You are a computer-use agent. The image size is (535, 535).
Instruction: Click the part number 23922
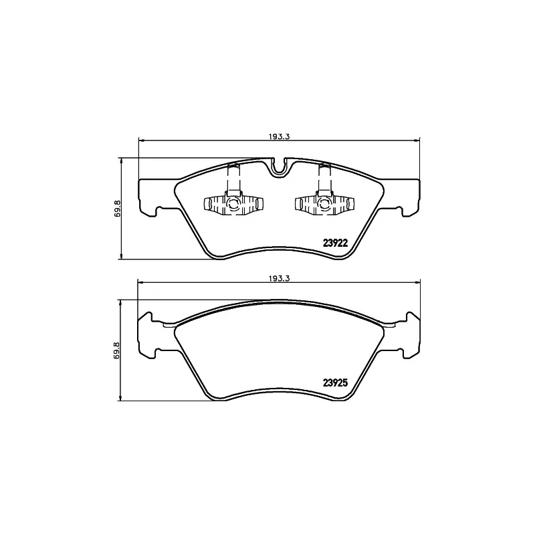pyautogui.click(x=335, y=243)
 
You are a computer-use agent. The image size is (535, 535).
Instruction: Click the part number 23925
pyautogui.click(x=335, y=383)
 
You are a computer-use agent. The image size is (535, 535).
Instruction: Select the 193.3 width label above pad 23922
pyautogui.click(x=279, y=136)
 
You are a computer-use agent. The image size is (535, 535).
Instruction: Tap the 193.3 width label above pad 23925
pyautogui.click(x=279, y=278)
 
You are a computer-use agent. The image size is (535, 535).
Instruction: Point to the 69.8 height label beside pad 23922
pyautogui.click(x=117, y=209)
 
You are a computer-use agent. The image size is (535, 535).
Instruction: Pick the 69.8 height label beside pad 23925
pyautogui.click(x=117, y=350)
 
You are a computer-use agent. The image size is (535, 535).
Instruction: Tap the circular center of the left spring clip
pyautogui.click(x=233, y=204)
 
